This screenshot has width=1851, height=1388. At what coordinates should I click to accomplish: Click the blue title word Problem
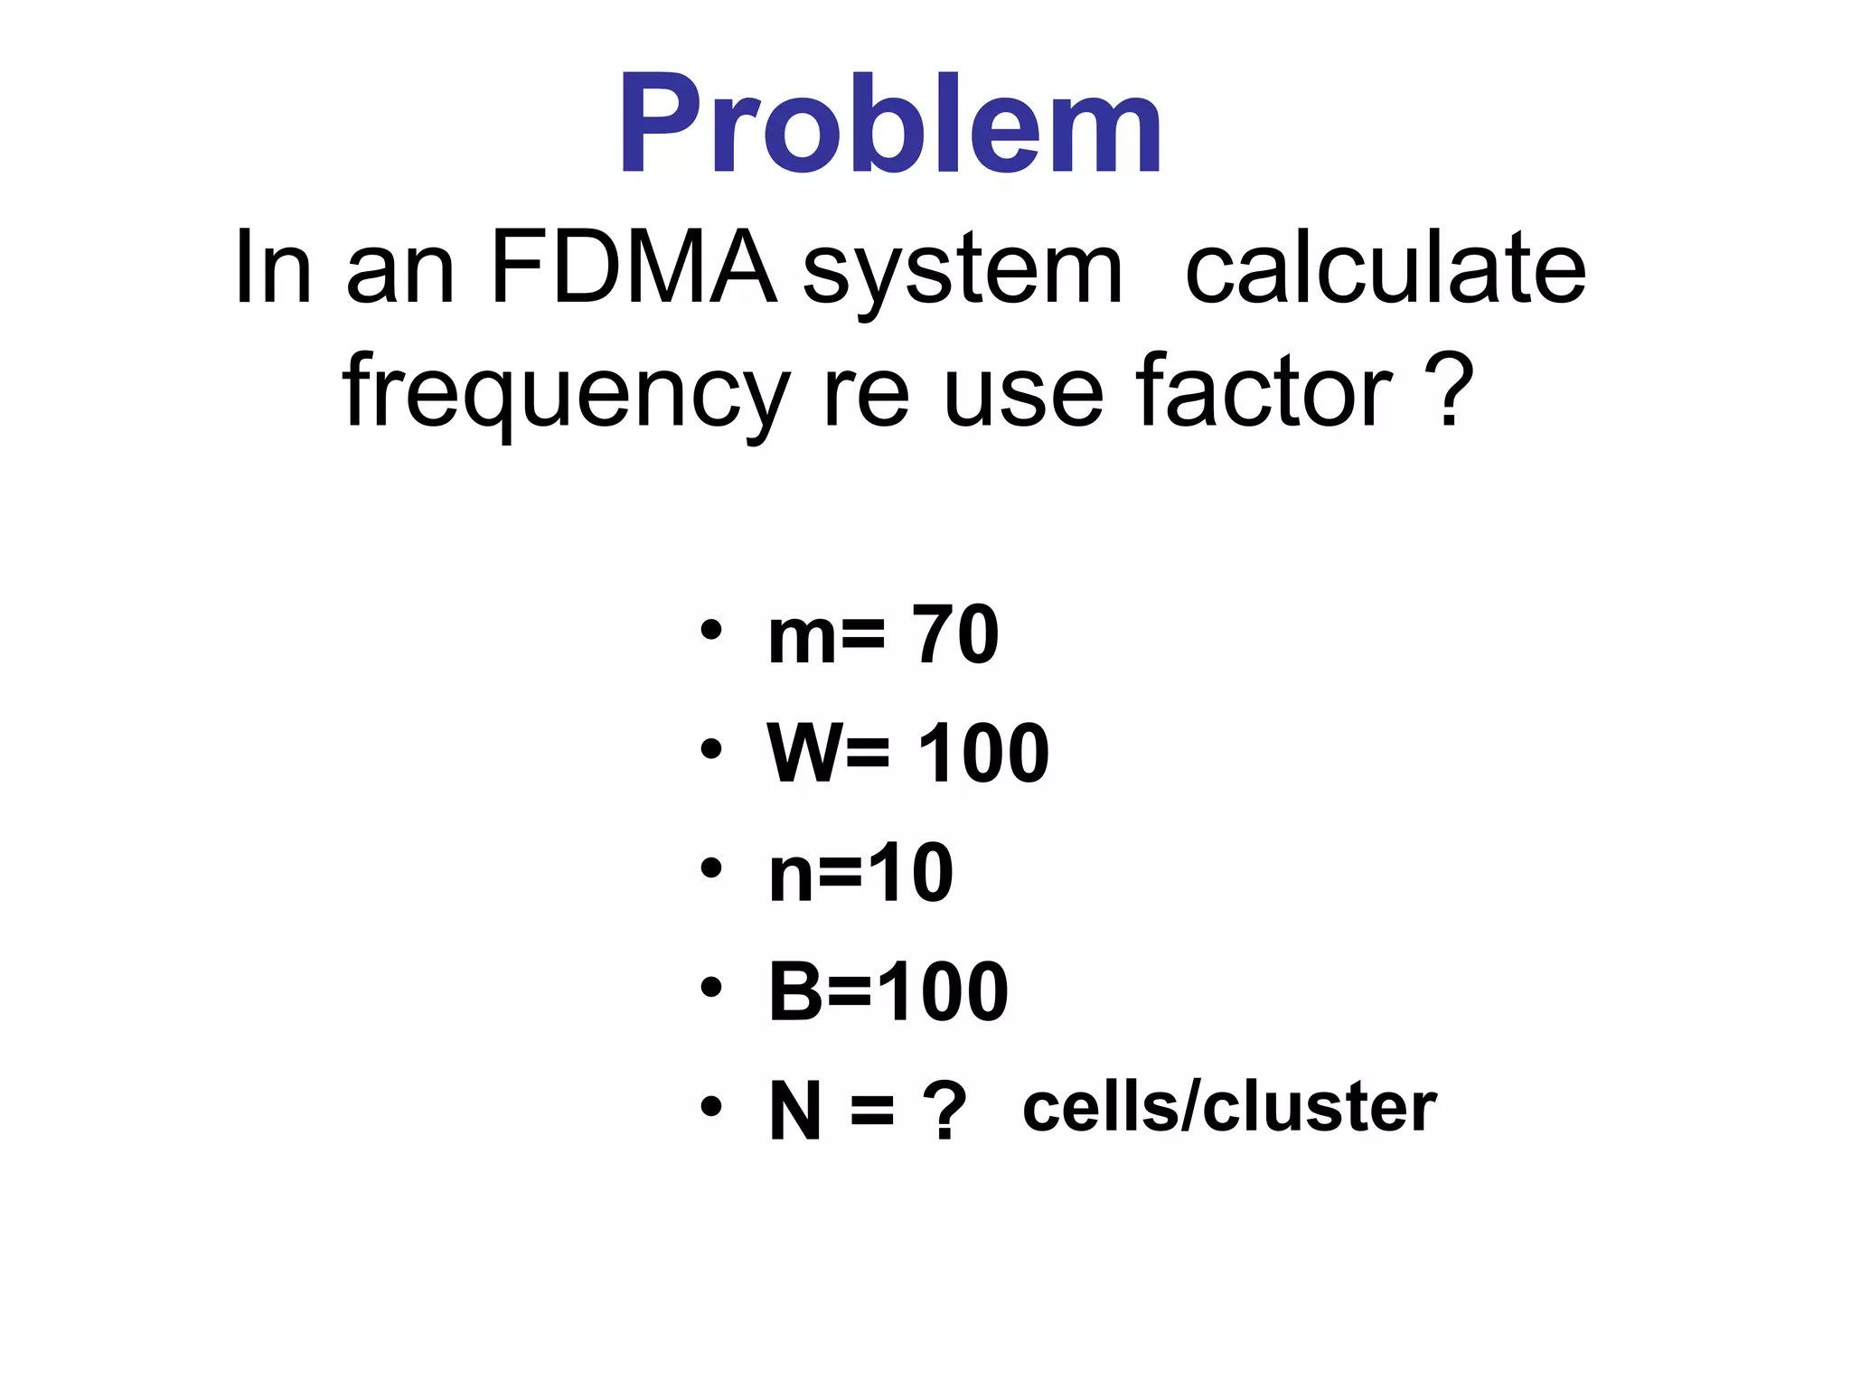tap(890, 125)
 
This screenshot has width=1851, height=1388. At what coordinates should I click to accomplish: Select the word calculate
tap(1385, 268)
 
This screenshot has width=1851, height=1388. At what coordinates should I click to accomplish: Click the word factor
tap(1264, 390)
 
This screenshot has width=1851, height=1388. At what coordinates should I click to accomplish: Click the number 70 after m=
tap(955, 635)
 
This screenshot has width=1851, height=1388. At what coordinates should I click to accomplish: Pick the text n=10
tap(860, 873)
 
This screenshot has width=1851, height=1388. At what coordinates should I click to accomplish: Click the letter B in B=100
tap(795, 992)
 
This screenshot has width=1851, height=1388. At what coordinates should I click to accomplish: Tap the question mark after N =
tap(944, 1111)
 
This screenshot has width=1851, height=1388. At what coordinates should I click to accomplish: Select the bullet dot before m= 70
tap(711, 630)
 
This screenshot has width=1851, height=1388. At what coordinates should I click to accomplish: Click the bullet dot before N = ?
tap(711, 1107)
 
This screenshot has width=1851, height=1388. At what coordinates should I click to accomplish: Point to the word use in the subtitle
tap(1022, 394)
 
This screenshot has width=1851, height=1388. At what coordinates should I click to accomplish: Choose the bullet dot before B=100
tap(711, 988)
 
